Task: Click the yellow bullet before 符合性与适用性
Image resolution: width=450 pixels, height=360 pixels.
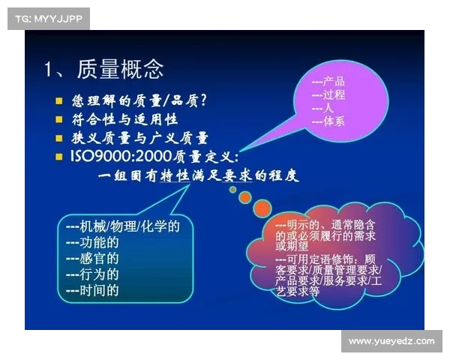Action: [x=60, y=118]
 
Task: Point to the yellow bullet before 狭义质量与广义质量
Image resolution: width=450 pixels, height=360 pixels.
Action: [x=60, y=138]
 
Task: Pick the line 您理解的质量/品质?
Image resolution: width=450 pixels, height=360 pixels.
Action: [x=139, y=100]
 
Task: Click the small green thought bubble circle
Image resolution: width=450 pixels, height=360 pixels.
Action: [x=232, y=190]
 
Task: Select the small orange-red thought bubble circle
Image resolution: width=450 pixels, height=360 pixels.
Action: [x=262, y=207]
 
